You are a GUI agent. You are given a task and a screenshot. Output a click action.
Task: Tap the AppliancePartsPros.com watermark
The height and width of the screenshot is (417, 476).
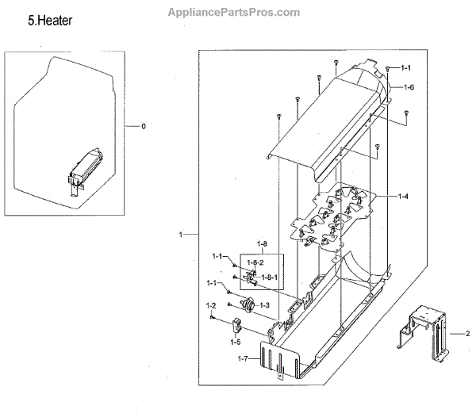click(234, 12)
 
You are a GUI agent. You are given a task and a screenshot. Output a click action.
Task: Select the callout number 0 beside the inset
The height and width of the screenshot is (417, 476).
click(144, 126)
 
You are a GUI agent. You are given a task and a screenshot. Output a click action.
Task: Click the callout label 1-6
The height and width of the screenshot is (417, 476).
click(409, 86)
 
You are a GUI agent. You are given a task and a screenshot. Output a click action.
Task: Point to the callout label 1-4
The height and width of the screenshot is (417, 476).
click(404, 195)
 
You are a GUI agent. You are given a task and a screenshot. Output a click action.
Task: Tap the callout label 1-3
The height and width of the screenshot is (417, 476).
click(263, 305)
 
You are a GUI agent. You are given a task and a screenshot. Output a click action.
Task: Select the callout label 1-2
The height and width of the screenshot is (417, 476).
click(212, 305)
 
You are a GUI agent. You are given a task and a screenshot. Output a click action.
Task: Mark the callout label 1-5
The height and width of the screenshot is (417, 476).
click(236, 342)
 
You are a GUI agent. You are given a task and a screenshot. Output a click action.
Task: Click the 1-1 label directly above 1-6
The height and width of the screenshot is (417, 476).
click(406, 68)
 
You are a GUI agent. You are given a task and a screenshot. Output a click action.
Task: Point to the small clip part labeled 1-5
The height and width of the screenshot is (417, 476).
click(236, 325)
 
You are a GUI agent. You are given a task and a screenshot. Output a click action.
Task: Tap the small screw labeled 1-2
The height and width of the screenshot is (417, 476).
click(213, 317)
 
